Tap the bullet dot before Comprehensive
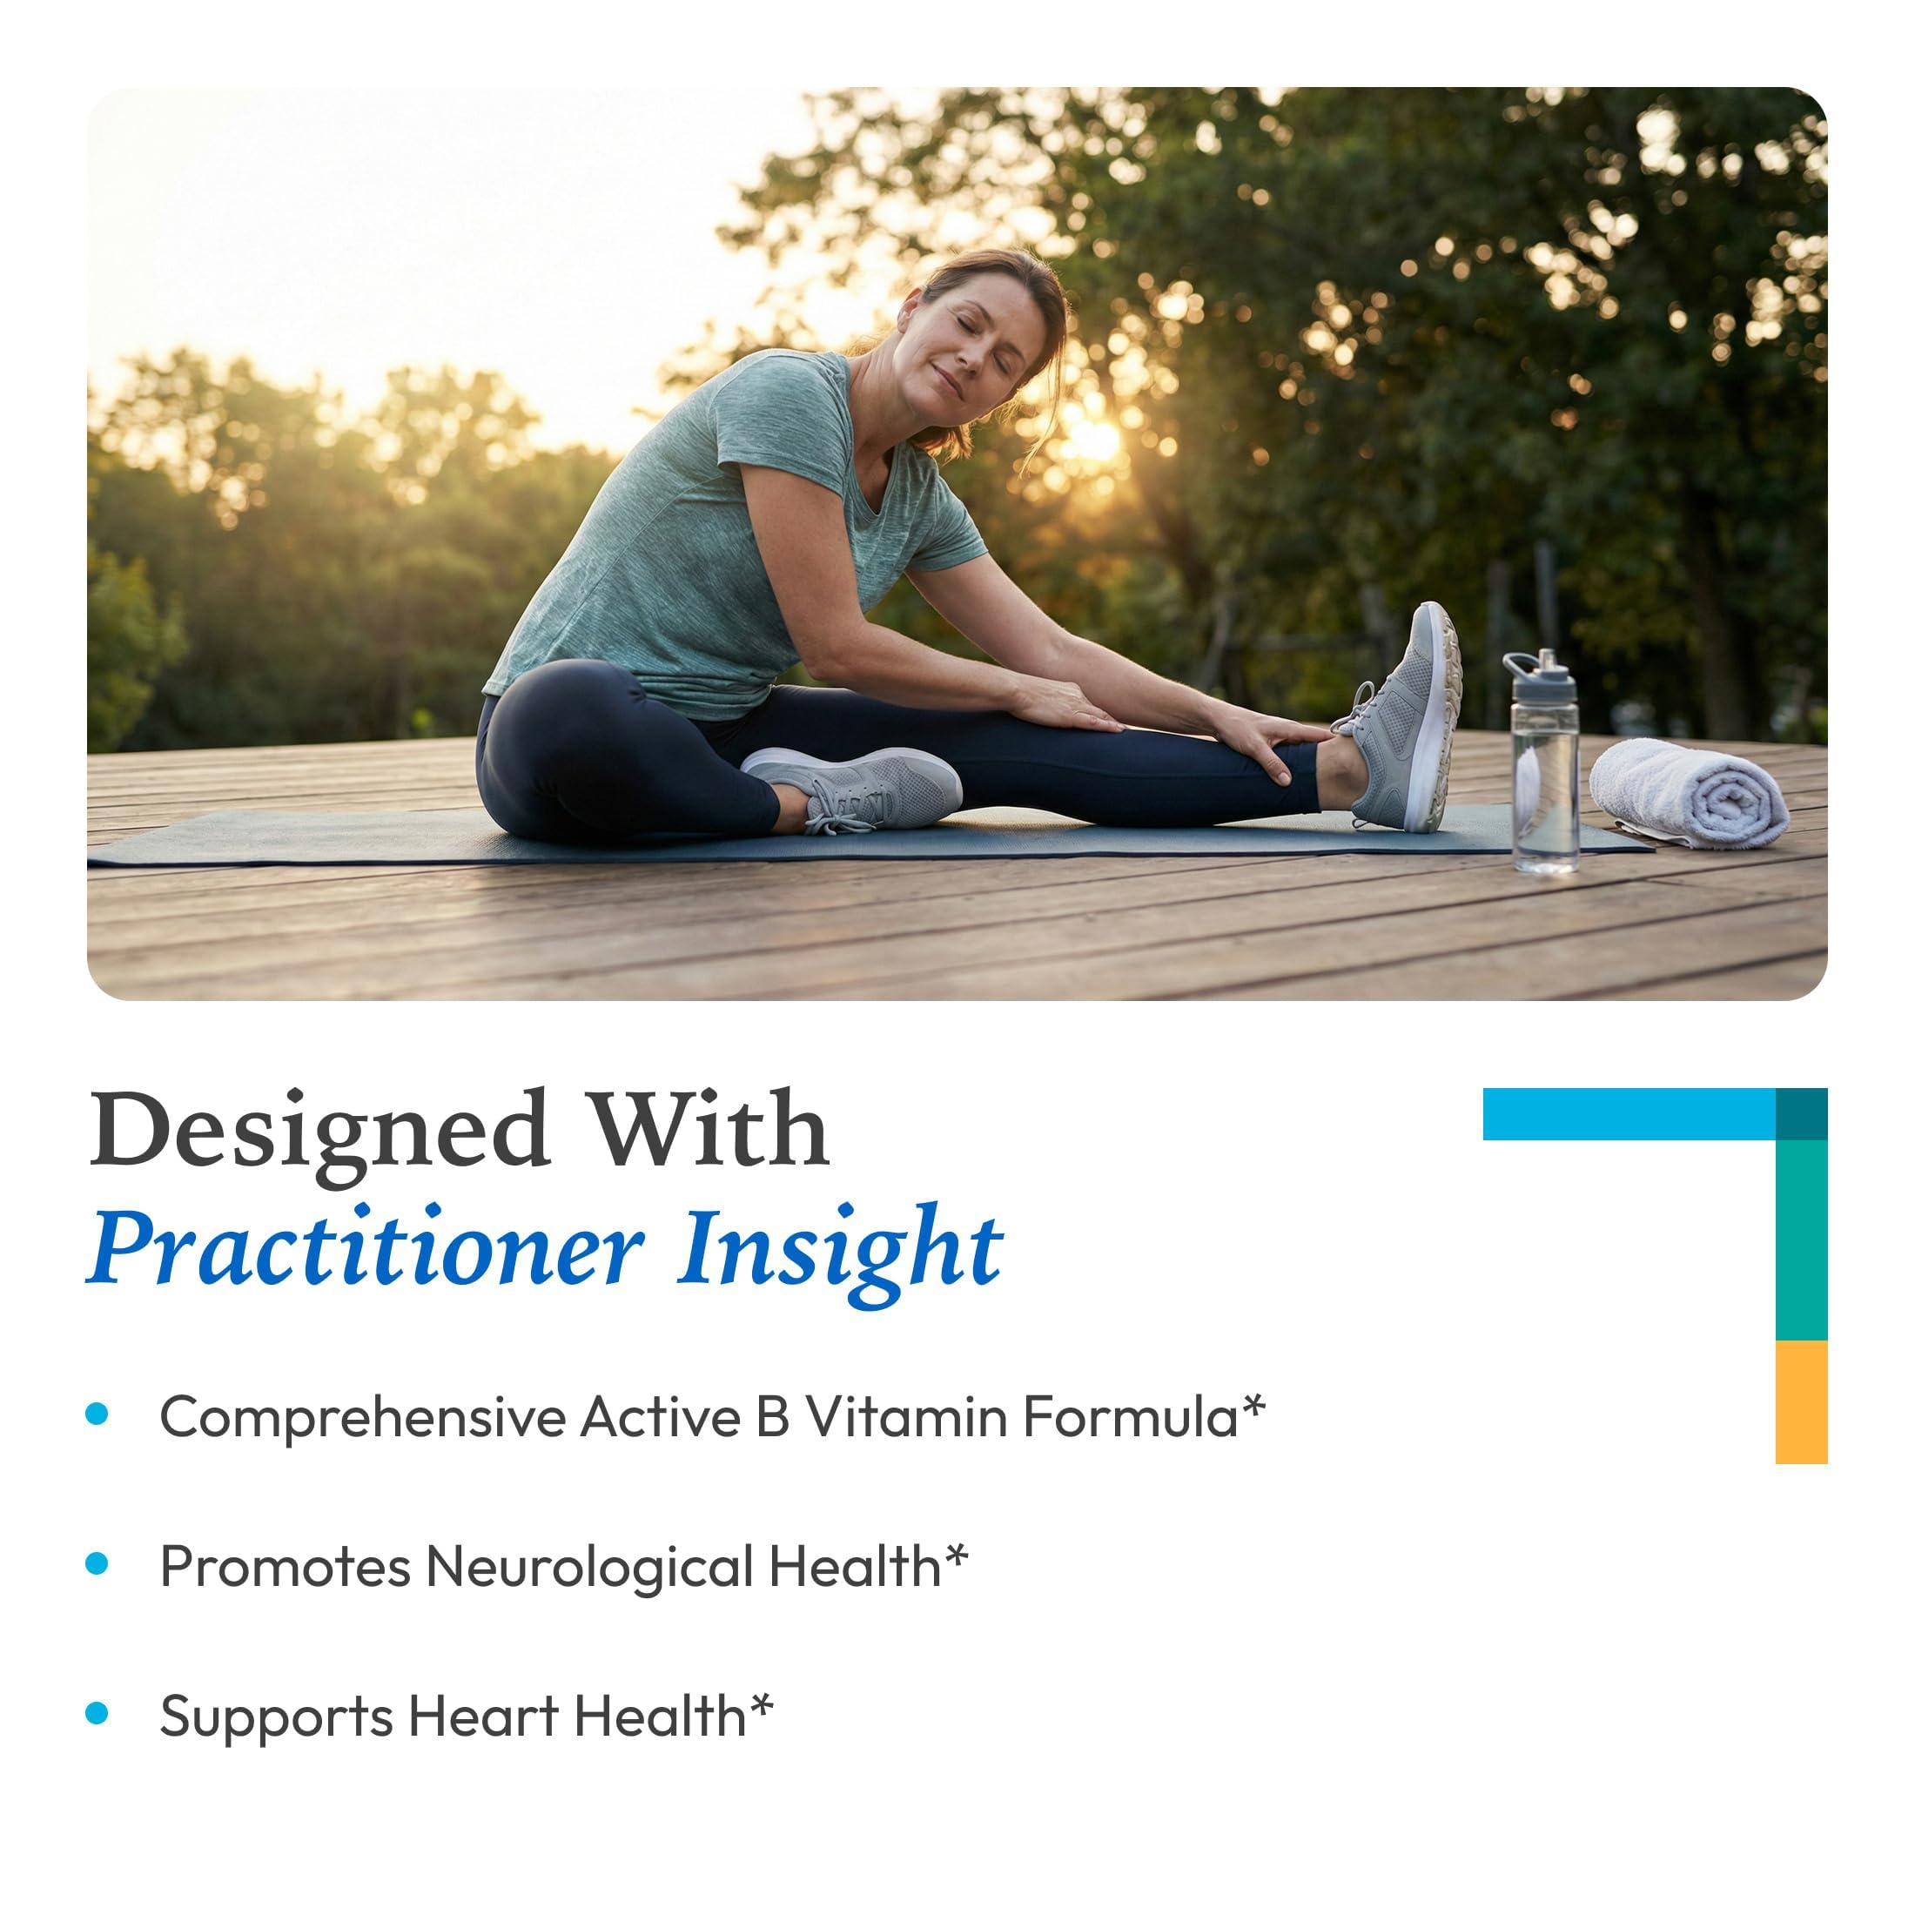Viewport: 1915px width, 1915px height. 97,1414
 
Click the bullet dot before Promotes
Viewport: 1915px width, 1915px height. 97,1564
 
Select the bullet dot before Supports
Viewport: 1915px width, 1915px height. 97,1714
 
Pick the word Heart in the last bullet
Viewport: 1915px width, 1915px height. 483,1717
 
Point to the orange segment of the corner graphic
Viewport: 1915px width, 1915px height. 1801,1401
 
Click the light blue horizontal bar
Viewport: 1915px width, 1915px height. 1629,1114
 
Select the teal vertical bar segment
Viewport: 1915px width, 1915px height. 1801,1240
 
